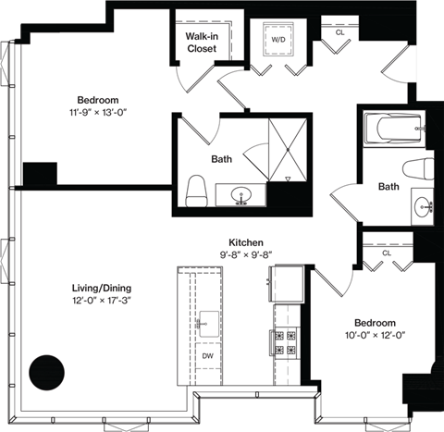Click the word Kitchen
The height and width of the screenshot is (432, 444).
click(247, 240)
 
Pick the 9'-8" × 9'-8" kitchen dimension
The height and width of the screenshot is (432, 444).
click(247, 253)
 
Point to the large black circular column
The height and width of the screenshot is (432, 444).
click(46, 373)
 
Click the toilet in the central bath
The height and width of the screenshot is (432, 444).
click(195, 191)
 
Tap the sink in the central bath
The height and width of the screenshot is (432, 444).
click(242, 196)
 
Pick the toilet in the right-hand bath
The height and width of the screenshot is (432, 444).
click(421, 169)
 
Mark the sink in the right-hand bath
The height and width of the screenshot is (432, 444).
click(425, 205)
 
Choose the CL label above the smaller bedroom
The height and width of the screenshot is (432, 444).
click(386, 251)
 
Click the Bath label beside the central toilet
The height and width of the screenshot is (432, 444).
click(221, 159)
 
